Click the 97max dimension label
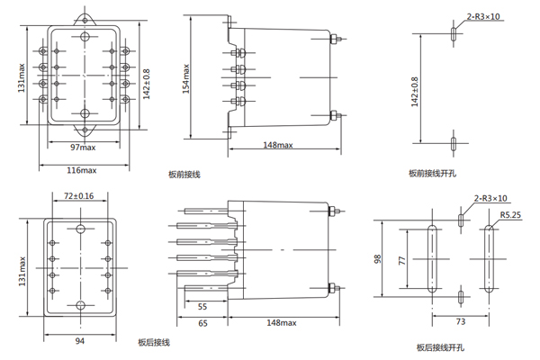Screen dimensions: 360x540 pyautogui.click(x=84, y=147)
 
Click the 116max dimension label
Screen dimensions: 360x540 pyautogui.click(x=83, y=169)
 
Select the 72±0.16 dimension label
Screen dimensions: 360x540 pyautogui.click(x=79, y=195)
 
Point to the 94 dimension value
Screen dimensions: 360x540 pyautogui.click(x=79, y=341)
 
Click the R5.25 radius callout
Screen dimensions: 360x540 pyautogui.click(x=510, y=215)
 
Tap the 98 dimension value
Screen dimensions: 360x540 pyautogui.click(x=377, y=259)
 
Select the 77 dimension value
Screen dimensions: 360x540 pyautogui.click(x=400, y=259)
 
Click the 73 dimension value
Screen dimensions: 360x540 pyautogui.click(x=460, y=320)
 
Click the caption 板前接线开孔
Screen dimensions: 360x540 pyautogui.click(x=431, y=173)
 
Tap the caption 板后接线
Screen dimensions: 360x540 pyautogui.click(x=153, y=343)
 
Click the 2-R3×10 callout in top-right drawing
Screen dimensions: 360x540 pyautogui.click(x=483, y=15)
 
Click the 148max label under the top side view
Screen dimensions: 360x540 pyautogui.click(x=278, y=146)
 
